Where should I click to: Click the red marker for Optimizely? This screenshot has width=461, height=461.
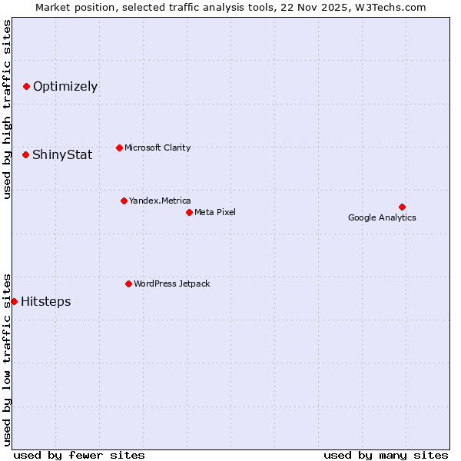[26, 86]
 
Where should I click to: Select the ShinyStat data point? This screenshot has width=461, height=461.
[25, 154]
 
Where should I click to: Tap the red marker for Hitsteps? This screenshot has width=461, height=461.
[14, 301]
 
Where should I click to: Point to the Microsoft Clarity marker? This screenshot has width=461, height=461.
[119, 148]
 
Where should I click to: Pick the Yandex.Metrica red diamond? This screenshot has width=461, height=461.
[124, 201]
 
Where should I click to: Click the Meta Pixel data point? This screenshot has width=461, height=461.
[189, 212]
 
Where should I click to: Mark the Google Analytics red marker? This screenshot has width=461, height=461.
[402, 207]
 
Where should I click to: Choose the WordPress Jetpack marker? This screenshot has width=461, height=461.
[128, 284]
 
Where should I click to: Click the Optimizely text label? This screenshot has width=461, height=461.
[65, 86]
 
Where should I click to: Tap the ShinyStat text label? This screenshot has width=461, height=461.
[62, 154]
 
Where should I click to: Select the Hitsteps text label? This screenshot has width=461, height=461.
[46, 301]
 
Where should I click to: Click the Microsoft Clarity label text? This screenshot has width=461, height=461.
[158, 148]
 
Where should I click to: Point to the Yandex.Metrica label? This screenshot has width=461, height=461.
[160, 201]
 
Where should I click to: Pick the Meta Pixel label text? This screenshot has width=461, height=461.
[215, 212]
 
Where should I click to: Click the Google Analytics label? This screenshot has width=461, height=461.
[382, 217]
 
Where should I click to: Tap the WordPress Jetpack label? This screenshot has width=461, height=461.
[171, 284]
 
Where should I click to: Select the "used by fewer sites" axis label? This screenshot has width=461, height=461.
[79, 455]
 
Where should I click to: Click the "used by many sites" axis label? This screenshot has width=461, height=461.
[386, 455]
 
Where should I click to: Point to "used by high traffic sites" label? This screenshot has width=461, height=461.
[7, 109]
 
